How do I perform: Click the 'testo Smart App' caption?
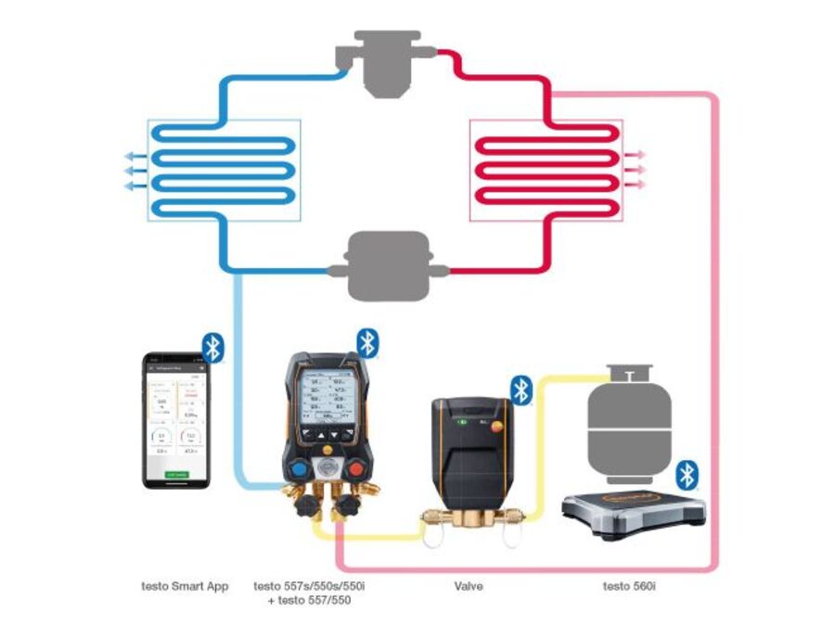tap(184, 586)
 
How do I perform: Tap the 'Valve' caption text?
tap(469, 586)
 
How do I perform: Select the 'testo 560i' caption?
tap(630, 586)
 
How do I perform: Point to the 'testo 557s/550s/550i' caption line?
tap(316, 586)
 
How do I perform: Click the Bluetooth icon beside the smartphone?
tap(213, 348)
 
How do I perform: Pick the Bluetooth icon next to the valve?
tap(521, 390)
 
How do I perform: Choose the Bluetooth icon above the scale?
tap(686, 475)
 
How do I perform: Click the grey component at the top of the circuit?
tap(386, 66)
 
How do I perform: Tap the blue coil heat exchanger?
tap(223, 170)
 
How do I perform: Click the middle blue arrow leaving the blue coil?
tap(135, 171)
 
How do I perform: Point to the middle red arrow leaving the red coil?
tap(636, 171)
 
